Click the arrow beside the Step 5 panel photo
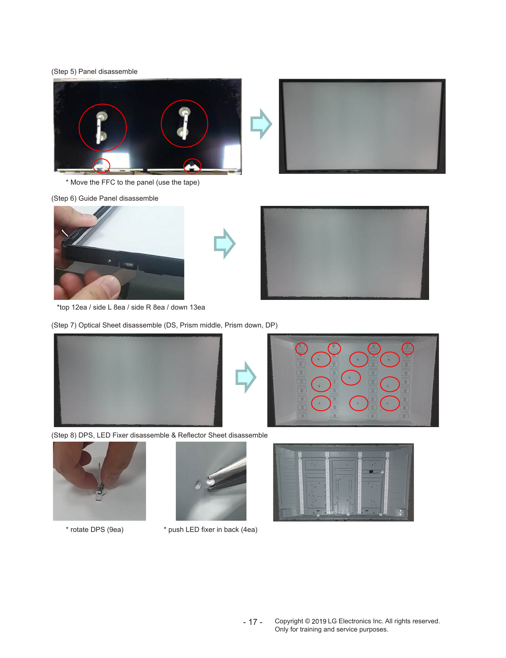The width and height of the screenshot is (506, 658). click(261, 124)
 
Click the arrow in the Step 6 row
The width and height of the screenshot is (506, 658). click(224, 244)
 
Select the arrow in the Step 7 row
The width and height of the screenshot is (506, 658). click(246, 377)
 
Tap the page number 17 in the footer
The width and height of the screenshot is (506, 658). click(253, 622)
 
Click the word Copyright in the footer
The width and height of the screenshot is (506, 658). click(289, 621)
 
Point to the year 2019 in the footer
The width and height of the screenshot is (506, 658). click(319, 621)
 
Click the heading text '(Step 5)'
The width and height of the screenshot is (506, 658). click(64, 72)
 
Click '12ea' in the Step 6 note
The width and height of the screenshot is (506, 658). click(79, 307)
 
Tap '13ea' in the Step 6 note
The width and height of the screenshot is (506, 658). click(197, 307)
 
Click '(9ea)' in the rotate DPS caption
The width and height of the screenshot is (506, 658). click(115, 530)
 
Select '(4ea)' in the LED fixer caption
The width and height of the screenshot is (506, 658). click(249, 530)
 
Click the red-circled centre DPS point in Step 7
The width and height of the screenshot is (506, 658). click(351, 377)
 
